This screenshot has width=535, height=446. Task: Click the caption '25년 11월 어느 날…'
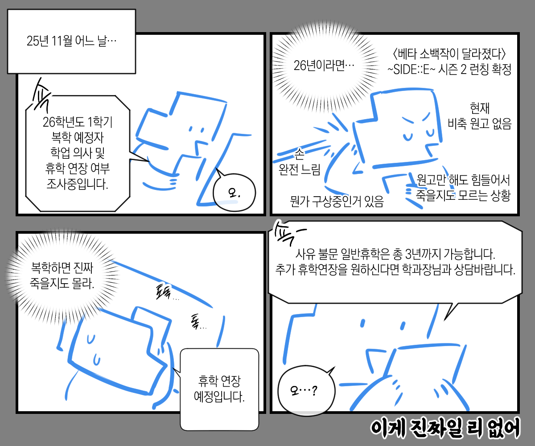coord(71,41)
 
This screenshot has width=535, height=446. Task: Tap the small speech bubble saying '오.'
coord(234,193)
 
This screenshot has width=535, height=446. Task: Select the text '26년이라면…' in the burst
coord(324,66)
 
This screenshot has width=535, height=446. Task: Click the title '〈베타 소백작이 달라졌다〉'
coord(449,54)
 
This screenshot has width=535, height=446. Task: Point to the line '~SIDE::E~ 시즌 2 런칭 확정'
coord(449,69)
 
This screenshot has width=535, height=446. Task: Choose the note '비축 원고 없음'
coord(479,124)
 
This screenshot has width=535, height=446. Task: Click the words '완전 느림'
coord(299,169)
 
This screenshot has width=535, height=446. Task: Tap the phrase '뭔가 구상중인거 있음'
coord(337,201)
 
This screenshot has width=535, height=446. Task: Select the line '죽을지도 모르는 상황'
coord(463,195)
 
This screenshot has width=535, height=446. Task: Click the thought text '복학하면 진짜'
coord(62,268)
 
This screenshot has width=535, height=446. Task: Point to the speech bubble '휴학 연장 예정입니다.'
coord(219,389)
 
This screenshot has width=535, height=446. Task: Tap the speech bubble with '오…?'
coord(306,390)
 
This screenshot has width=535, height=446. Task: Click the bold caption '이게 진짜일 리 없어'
coord(445,429)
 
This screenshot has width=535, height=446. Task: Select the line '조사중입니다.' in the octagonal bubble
coord(77,184)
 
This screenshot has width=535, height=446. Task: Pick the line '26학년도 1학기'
coord(78,122)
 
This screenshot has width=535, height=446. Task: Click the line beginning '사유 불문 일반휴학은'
coord(395,254)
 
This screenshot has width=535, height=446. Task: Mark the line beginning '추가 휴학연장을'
coord(395,270)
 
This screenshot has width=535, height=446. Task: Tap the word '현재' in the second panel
coord(480,108)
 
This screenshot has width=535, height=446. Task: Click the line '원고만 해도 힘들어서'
coord(463,180)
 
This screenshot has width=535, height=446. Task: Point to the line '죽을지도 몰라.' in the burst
coord(62,283)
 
